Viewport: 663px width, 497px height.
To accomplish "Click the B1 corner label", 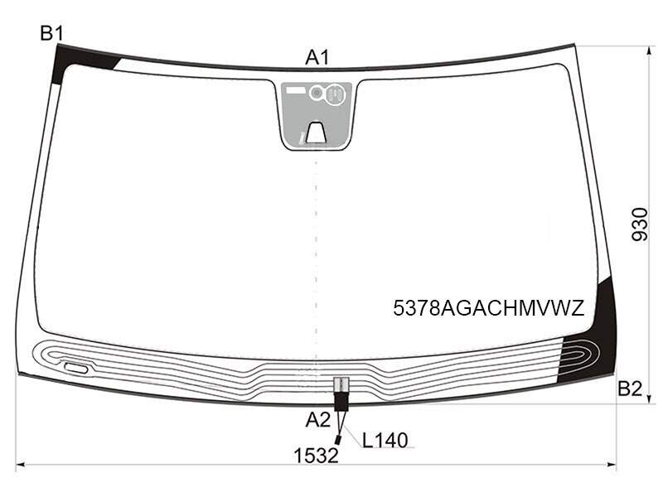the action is (x=51, y=33).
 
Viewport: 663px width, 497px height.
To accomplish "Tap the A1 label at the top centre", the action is (x=317, y=57).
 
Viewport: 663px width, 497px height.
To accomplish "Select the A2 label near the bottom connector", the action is (x=318, y=420).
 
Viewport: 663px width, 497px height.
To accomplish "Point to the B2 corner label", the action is (x=630, y=388).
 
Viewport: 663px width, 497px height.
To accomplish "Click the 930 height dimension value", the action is (x=639, y=224).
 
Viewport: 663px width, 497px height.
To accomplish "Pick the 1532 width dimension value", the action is (x=317, y=456).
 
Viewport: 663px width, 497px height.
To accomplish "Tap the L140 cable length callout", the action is (x=385, y=441).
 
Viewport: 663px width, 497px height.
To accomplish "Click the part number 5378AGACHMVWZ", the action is (x=488, y=308).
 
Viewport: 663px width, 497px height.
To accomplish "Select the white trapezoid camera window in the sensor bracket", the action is (x=316, y=133).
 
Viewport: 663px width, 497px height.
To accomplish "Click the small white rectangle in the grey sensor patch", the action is (x=296, y=90).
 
